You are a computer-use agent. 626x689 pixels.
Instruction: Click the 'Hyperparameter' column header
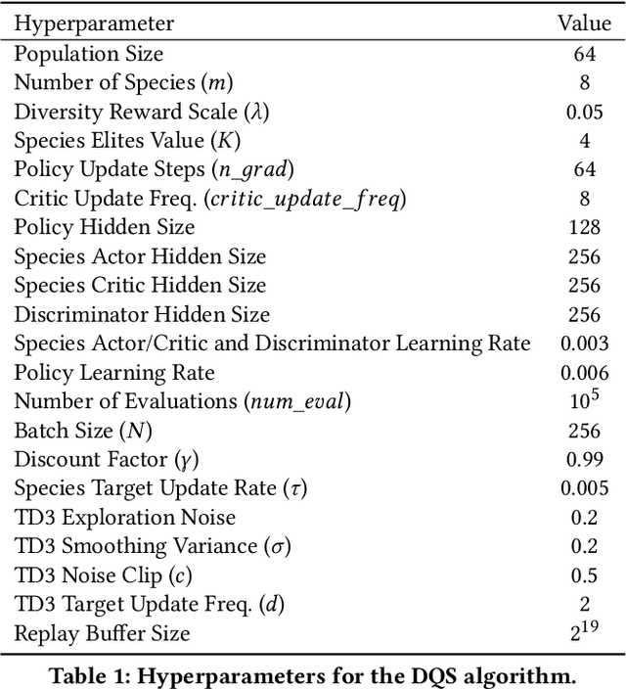[x=94, y=23]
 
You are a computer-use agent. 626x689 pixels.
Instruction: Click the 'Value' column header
[x=584, y=23]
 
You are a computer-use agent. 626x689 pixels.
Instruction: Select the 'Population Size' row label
[x=89, y=54]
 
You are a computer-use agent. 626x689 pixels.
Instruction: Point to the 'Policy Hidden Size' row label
[x=105, y=227]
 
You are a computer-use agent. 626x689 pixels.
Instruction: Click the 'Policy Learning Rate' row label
[x=114, y=373]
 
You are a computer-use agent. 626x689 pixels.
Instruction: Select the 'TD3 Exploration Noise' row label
[x=124, y=517]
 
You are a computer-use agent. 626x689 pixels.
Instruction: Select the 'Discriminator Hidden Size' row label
[x=142, y=314]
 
